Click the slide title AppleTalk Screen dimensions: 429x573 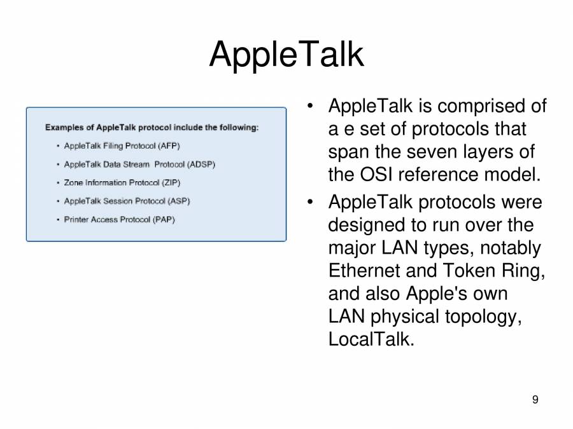286,55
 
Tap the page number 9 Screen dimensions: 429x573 535,400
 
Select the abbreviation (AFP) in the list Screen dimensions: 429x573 169,146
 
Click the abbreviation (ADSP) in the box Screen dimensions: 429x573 201,165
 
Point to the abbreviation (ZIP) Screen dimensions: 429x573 171,183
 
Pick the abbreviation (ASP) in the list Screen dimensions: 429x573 178,201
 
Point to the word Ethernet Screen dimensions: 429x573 364,271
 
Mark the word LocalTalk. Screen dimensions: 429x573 371,339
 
